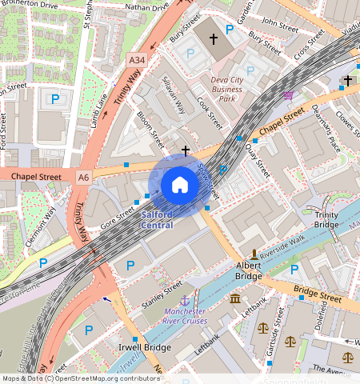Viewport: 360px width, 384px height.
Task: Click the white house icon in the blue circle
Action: (x=180, y=186)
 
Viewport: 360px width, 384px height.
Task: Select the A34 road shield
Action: (x=137, y=59)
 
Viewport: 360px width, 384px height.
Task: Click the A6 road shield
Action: (x=84, y=175)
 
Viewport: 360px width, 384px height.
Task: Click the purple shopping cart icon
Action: (x=288, y=94)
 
